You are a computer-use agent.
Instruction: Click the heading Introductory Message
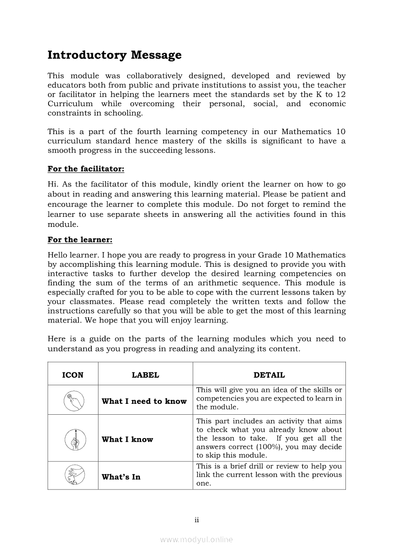114,55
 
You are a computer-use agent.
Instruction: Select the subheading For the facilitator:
86,169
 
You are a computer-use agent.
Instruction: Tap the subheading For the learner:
79,240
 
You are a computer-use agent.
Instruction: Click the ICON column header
73,375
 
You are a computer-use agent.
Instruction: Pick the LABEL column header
145,375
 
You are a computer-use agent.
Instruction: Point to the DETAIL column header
269,375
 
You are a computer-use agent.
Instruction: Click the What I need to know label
144,401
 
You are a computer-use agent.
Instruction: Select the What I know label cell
127,439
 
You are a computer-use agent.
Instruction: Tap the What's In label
121,477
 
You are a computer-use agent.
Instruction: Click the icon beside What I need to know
74,400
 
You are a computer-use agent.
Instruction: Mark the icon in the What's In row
74,476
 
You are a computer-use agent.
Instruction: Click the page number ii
196,520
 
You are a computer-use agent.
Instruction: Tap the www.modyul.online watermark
196,539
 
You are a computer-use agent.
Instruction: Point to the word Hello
59,255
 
